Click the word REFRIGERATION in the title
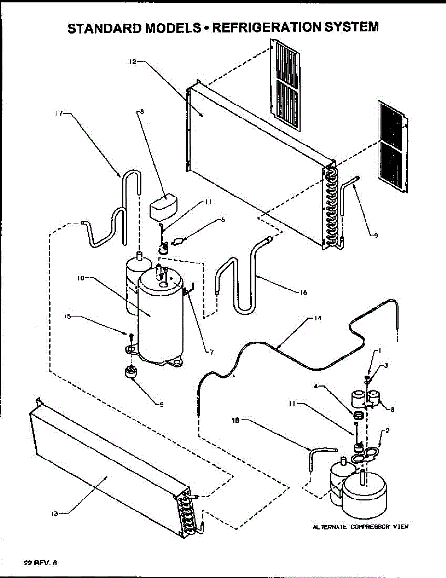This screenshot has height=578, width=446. (x=263, y=27)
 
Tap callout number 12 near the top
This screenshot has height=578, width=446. (x=133, y=61)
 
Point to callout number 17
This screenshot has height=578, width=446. (x=59, y=114)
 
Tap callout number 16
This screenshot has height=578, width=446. (x=303, y=292)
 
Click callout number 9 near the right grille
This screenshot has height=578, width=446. (x=376, y=235)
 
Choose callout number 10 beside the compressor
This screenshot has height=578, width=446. (x=81, y=278)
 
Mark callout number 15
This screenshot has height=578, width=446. (x=68, y=316)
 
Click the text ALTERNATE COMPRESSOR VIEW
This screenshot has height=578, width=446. (x=361, y=527)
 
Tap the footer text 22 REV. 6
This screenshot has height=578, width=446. (x=40, y=562)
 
